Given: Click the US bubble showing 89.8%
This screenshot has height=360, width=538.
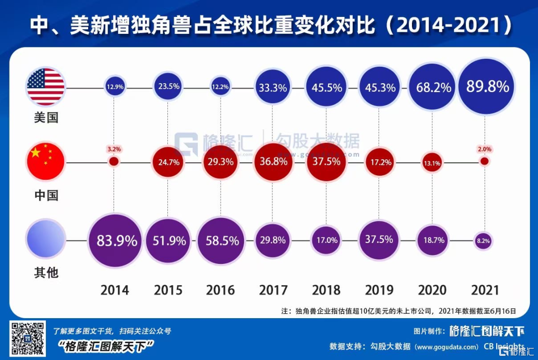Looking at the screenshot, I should point(488,87).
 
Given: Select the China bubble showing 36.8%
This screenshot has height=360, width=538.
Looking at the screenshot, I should point(272,162).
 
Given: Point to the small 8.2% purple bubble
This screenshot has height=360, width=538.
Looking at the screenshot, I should point(483,240).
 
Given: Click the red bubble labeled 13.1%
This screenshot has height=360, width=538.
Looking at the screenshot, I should point(432,162).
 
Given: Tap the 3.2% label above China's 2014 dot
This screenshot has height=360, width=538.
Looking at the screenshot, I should point(114,149).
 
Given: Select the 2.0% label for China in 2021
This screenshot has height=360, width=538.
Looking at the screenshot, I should point(484,149).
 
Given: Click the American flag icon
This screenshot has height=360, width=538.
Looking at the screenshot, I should point(46,87).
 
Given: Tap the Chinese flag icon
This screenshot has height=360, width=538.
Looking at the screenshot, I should point(46,162).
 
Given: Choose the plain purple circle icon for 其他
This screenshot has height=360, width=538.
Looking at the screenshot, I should point(46,240).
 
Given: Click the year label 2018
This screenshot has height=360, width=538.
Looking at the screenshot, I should point(326,290).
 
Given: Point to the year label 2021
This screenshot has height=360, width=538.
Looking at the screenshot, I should point(484,290).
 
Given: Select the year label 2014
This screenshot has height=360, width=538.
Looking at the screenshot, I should point(115,290).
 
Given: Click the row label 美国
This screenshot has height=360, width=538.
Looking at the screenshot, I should point(46,118).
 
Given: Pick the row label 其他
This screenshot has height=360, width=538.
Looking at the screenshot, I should point(46,272).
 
